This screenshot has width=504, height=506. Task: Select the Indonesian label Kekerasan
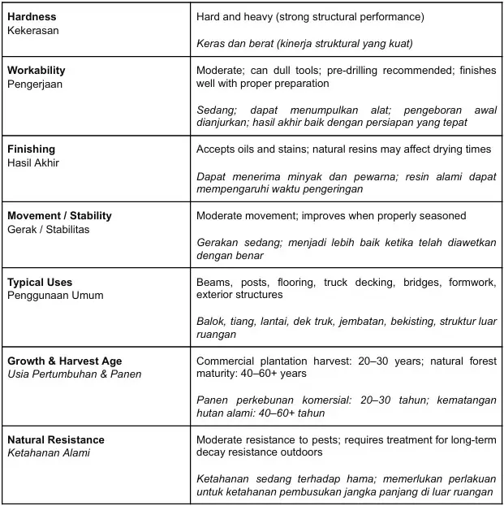coord(32,30)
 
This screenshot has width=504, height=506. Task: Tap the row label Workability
coord(37,70)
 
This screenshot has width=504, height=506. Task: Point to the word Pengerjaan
coord(35,83)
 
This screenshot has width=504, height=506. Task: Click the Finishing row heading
coord(31,149)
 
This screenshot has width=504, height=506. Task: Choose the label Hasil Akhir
coord(33,162)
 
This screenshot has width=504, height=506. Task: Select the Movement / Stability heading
coord(59,215)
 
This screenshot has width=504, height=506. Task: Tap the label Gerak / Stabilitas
coord(48,229)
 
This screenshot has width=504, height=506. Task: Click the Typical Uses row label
coord(41,282)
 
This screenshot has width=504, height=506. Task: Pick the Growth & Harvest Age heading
coord(65,361)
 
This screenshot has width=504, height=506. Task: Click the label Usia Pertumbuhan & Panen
coord(75,374)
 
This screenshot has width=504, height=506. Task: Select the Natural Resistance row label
coord(56,439)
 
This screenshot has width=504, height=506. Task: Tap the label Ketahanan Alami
coord(49,452)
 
